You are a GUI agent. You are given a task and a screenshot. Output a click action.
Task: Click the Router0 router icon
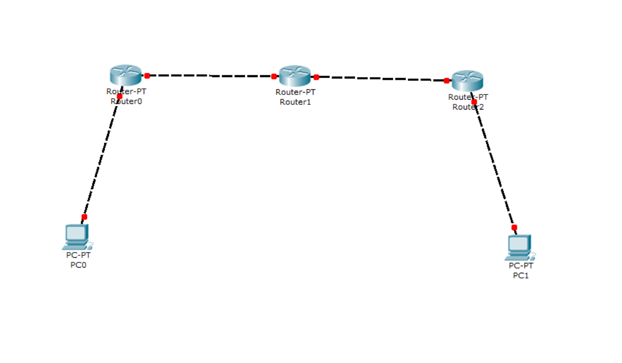tap(126, 75)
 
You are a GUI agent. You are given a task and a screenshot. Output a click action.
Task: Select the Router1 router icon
tap(295, 76)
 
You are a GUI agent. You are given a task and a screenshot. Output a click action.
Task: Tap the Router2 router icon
tap(467, 80)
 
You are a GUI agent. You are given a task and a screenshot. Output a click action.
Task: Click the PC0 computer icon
tap(76, 237)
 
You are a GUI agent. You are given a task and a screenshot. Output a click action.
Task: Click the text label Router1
tap(295, 102)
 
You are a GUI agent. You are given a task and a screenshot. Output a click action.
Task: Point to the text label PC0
tap(78, 265)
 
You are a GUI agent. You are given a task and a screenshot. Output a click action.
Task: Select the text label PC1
tap(521, 276)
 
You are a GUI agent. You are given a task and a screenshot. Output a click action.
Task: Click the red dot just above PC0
tap(84, 217)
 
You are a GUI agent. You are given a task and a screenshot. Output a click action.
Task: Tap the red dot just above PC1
tap(514, 227)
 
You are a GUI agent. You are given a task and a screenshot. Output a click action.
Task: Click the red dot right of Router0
tap(147, 76)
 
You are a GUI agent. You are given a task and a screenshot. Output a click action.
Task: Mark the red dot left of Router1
tap(274, 76)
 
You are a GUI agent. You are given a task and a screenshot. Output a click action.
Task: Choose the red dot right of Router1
tap(316, 77)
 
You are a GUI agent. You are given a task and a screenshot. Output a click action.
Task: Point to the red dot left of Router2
tap(446, 80)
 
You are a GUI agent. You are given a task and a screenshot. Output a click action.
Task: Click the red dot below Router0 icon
tap(119, 96)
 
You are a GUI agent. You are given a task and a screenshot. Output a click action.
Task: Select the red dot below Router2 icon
tap(474, 102)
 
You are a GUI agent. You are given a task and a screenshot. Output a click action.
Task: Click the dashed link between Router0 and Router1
tap(210, 76)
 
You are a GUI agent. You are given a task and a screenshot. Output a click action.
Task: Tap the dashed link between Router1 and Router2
tap(381, 79)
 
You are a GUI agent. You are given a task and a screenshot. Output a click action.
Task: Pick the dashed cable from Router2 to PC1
tap(494, 165)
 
